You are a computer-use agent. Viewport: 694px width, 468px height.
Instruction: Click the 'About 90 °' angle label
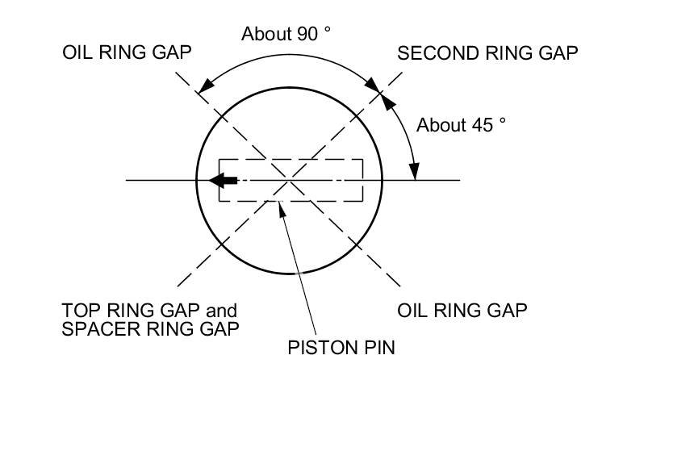pos(286,34)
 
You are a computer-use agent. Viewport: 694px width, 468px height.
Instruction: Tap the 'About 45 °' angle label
pos(461,125)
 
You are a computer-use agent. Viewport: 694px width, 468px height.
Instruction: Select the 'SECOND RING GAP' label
pos(487,53)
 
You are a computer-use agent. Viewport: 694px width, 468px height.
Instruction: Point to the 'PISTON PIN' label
pos(341,349)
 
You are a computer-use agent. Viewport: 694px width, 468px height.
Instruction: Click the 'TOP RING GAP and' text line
pos(149,311)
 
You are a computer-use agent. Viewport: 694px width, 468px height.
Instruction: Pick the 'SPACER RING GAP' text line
pos(150,329)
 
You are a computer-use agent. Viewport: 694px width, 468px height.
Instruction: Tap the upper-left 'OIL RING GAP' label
pos(127,53)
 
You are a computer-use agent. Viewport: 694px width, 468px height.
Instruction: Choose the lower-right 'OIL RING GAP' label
pos(462,311)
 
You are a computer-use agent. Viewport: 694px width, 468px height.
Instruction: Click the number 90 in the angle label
pos(307,34)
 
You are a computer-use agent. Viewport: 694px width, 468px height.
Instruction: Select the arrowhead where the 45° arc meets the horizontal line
pos(415,171)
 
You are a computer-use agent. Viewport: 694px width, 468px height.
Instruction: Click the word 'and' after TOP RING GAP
pos(222,311)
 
